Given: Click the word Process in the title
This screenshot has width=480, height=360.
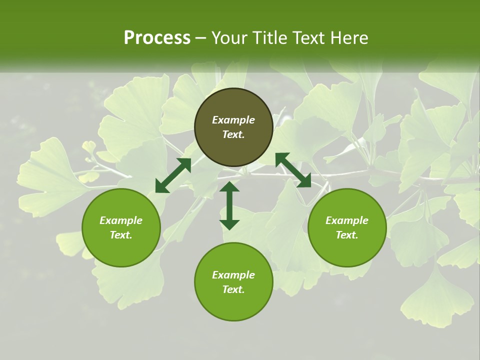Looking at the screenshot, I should click(x=157, y=38).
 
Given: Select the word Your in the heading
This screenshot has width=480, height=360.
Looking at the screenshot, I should click(x=229, y=38).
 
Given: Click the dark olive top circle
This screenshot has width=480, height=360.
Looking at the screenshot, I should click(x=233, y=105).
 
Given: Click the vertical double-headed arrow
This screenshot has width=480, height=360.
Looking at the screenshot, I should click(x=229, y=205).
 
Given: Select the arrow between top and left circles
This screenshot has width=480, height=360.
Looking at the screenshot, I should click(x=173, y=175).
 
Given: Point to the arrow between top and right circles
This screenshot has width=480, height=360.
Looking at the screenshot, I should click(x=293, y=170).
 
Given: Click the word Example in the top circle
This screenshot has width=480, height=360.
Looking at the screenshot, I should click(x=233, y=120).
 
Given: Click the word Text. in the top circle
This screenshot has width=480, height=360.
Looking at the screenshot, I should click(x=233, y=134).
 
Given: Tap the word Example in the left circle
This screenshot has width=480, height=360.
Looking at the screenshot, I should click(x=121, y=220).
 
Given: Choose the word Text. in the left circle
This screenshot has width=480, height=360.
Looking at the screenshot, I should click(x=121, y=235).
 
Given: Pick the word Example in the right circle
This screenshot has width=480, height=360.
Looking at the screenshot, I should click(x=347, y=220).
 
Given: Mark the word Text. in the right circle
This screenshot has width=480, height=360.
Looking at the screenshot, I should click(x=347, y=235).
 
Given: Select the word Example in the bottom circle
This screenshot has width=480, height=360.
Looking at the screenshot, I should click(x=233, y=275).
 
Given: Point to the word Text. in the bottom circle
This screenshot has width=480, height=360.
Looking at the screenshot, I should click(x=233, y=289).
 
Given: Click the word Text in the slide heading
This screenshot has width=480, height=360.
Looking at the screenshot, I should click(x=306, y=38).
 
